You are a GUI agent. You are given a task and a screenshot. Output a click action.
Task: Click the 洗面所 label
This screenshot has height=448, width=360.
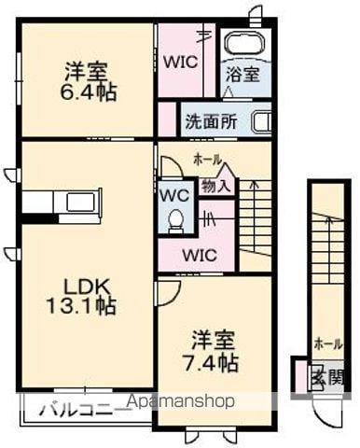[x=209, y=120]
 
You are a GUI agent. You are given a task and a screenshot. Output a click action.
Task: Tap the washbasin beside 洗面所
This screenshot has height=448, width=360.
[x=260, y=120]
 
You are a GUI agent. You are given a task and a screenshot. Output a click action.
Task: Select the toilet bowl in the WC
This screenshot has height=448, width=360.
[x=174, y=218]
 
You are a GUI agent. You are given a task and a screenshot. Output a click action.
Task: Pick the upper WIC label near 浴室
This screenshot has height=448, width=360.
[x=181, y=64]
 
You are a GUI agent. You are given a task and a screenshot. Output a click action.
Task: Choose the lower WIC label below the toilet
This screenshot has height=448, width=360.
[x=198, y=255]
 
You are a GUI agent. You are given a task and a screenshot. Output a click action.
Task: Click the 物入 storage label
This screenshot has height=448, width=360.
[x=215, y=185]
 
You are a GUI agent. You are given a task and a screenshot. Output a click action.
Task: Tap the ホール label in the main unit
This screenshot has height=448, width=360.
[x=206, y=160]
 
